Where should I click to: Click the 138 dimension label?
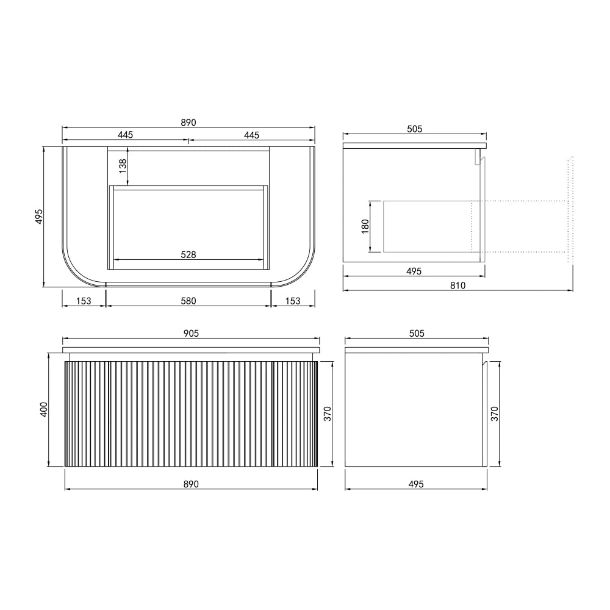click(x=123, y=166)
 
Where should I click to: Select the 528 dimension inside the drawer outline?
click(x=188, y=254)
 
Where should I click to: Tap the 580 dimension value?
click(x=188, y=301)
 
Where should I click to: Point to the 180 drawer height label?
click(x=365, y=226)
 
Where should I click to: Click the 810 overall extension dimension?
click(x=458, y=285)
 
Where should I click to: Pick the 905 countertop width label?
click(x=191, y=334)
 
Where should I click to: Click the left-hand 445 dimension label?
click(x=125, y=135)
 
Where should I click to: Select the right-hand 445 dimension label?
click(x=251, y=135)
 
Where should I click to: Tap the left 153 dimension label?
click(x=84, y=301)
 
